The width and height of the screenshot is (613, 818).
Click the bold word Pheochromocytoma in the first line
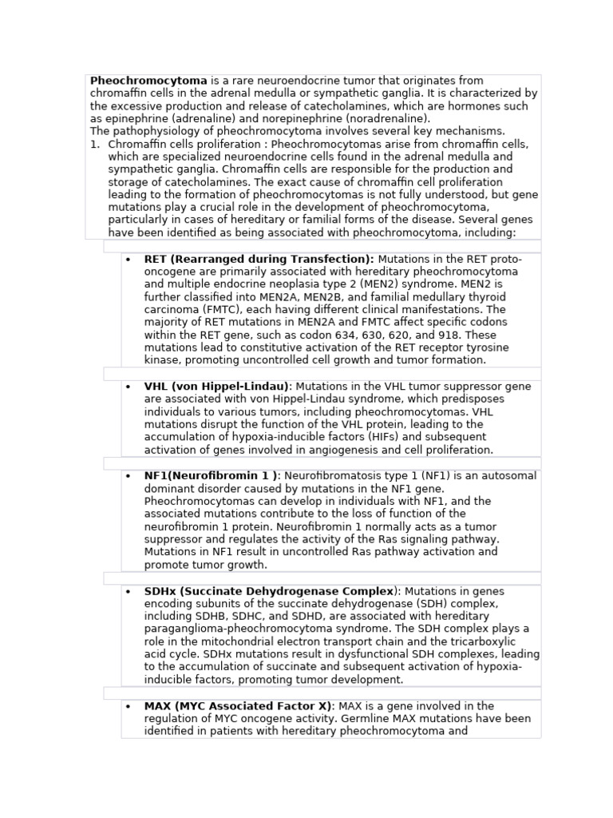(148, 81)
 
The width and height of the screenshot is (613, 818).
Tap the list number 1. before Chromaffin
(95, 145)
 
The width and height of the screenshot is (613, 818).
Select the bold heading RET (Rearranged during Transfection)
(259, 259)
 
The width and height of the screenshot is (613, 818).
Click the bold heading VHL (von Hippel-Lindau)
(217, 387)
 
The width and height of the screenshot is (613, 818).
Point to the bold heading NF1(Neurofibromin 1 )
(211, 476)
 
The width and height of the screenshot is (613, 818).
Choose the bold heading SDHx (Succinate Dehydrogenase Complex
(269, 591)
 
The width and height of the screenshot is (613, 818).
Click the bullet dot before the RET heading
(128, 260)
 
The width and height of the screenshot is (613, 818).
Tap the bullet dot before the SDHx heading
(128, 592)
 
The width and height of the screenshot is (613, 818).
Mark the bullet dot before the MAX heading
(128, 707)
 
